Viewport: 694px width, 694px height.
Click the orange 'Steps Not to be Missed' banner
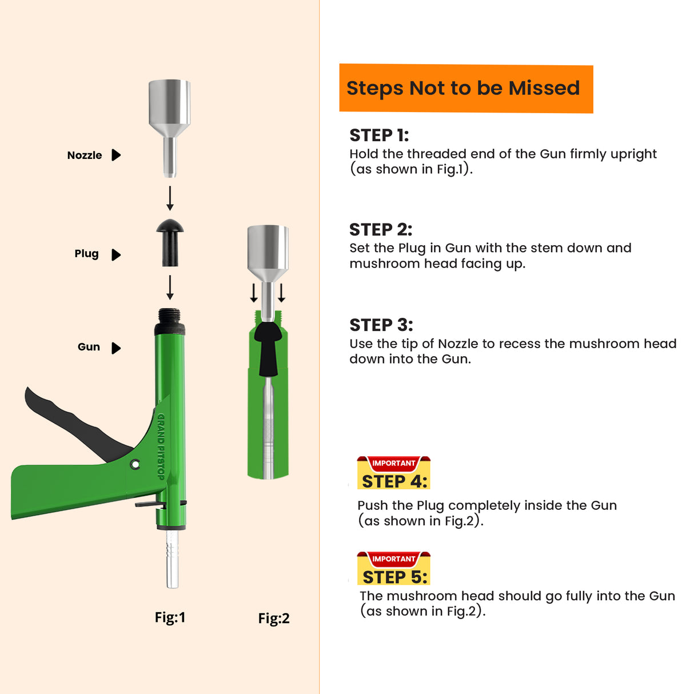pos(465,89)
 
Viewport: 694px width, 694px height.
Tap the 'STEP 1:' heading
pos(379,135)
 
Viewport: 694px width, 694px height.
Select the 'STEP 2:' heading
pos(381,230)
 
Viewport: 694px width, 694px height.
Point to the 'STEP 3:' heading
pos(381,325)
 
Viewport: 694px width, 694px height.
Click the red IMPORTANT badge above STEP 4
pos(393,463)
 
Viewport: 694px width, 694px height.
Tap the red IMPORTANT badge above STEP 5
pos(393,559)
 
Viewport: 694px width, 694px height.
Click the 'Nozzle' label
pos(85,155)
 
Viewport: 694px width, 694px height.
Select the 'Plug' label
pos(86,254)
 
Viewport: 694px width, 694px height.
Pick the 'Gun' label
pos(89,347)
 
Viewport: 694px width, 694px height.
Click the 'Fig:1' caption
pos(170,617)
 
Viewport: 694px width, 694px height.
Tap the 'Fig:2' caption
pos(274,619)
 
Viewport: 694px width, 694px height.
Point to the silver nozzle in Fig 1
pos(169,114)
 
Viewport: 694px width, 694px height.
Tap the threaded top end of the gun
pos(169,316)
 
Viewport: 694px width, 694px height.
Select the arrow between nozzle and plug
pos(170,198)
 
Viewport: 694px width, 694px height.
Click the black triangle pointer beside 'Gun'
pos(116,348)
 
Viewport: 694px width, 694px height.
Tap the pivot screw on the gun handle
pos(135,464)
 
